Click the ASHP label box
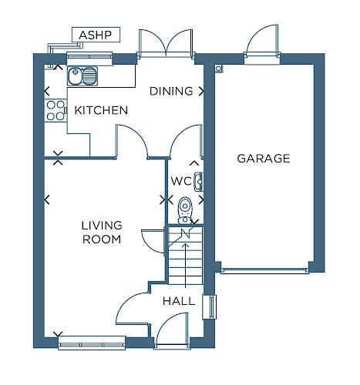96,35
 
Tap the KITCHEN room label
101,110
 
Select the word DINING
171,91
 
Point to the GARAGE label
264,159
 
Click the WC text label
181,181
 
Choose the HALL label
179,301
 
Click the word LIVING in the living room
102,226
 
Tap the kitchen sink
82,76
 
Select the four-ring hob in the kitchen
56,110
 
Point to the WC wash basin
199,182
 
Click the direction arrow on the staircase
186,265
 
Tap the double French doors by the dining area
166,43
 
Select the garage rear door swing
262,41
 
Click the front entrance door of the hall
172,330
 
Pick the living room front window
92,343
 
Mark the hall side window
210,307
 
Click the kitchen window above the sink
89,59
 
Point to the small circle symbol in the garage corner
218,69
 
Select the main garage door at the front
264,270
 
